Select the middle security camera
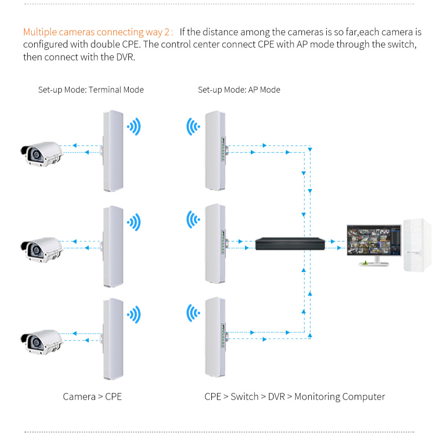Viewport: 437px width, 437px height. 41,248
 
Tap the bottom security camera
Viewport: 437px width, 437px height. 41,340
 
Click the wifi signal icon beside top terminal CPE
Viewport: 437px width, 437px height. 134,127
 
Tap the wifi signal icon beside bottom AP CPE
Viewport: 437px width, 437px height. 193,313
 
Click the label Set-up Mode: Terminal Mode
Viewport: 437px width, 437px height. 91,90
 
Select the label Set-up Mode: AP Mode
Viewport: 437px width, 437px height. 239,90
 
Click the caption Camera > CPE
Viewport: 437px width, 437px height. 92,396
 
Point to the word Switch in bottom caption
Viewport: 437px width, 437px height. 244,396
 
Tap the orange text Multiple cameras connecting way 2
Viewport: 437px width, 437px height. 97,32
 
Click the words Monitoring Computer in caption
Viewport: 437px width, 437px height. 340,396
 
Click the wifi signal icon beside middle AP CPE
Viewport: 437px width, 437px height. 193,221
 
